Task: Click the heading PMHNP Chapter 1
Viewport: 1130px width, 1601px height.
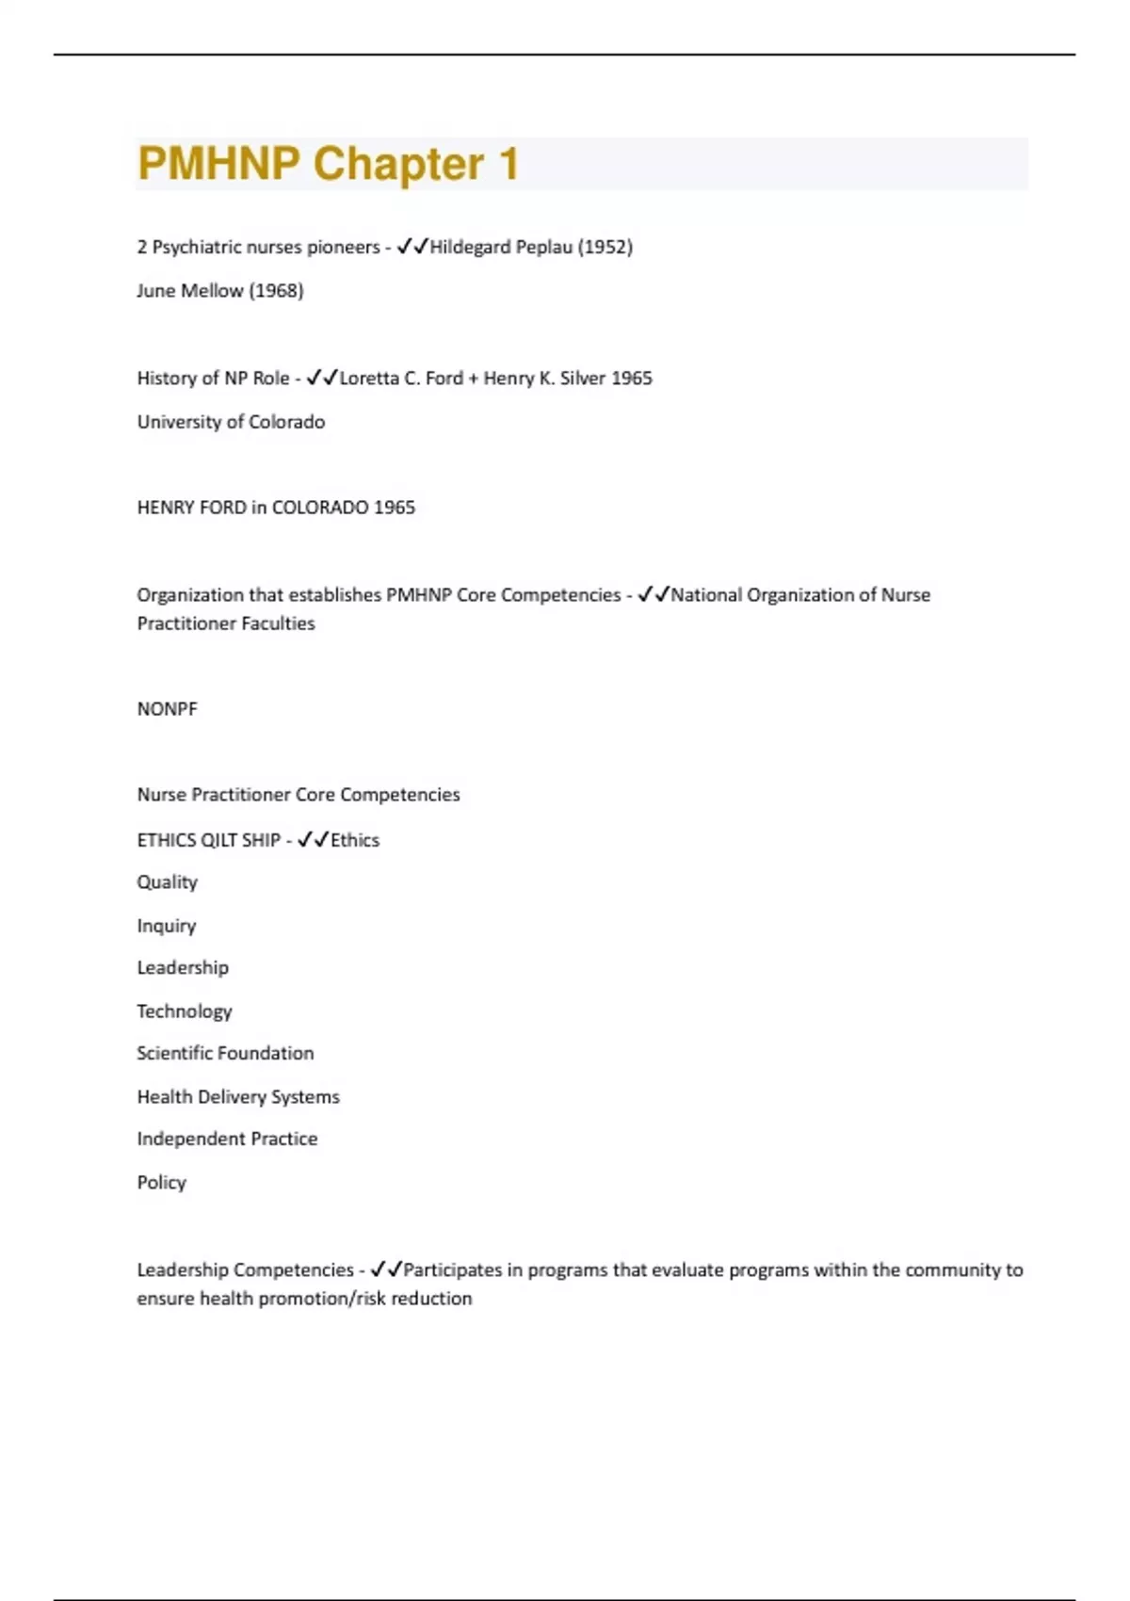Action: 328,164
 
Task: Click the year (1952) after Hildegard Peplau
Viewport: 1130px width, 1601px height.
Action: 605,247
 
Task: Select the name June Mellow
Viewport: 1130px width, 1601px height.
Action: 189,290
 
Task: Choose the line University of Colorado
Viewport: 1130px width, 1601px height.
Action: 231,422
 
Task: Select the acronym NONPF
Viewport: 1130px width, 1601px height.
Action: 167,709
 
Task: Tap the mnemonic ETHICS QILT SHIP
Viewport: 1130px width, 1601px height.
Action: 208,840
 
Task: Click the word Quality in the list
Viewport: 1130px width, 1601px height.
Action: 167,882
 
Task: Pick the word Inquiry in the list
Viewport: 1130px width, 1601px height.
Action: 166,926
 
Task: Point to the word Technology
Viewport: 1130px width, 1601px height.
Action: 184,1011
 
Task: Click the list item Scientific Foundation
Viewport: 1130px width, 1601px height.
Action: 225,1053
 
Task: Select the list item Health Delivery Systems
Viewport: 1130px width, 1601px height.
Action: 238,1096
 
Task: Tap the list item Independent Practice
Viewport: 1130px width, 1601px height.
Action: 227,1139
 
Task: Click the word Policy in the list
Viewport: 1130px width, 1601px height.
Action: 161,1182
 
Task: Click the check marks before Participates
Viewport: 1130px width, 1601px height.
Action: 386,1269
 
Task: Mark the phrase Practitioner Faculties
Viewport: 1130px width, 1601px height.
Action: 226,623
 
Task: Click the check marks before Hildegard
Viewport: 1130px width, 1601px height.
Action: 412,247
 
